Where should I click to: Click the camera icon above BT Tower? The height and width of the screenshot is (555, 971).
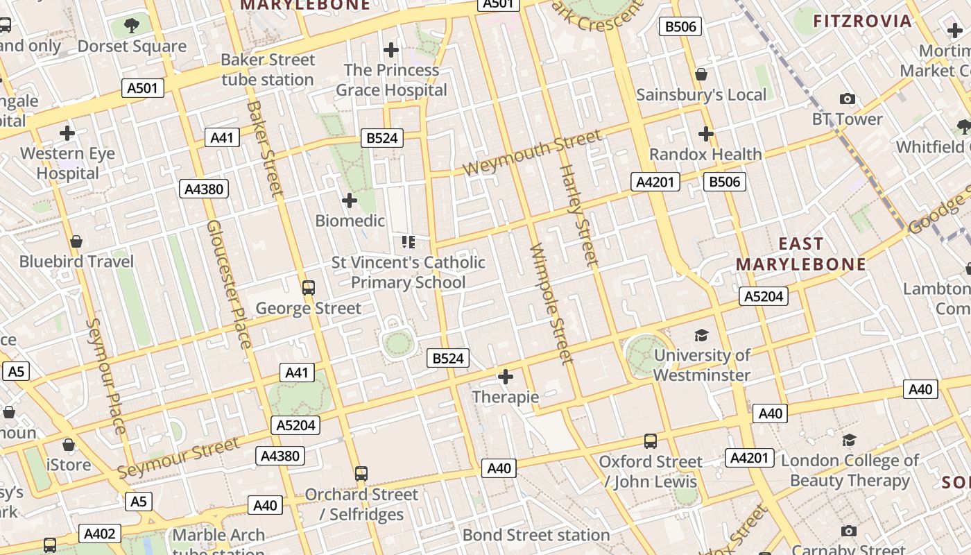click(847, 99)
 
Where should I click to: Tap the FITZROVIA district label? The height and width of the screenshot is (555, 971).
click(862, 21)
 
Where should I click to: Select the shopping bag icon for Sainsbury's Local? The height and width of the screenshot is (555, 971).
click(701, 74)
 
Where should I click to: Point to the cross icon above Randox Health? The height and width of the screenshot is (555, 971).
click(706, 133)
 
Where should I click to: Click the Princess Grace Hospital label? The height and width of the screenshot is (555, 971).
click(391, 80)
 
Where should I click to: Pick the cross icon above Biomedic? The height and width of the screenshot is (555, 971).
click(350, 201)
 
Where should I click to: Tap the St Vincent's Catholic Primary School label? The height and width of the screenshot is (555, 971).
click(408, 272)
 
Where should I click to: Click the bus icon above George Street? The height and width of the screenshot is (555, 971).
click(309, 287)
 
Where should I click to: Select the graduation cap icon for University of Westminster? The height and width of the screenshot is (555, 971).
click(701, 336)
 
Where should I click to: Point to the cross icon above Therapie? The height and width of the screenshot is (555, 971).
click(506, 377)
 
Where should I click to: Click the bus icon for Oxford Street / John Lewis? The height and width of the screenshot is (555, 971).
click(650, 441)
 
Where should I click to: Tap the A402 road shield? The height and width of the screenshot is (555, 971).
click(100, 533)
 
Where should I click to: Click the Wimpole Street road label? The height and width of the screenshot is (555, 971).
click(551, 303)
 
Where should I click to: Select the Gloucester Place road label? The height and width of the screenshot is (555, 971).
click(228, 284)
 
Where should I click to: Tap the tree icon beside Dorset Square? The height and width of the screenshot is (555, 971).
click(132, 26)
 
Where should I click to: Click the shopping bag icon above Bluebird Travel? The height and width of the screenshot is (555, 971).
click(76, 241)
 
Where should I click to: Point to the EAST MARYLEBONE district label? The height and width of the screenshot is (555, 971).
click(801, 254)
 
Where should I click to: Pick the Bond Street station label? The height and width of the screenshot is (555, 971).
click(535, 535)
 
